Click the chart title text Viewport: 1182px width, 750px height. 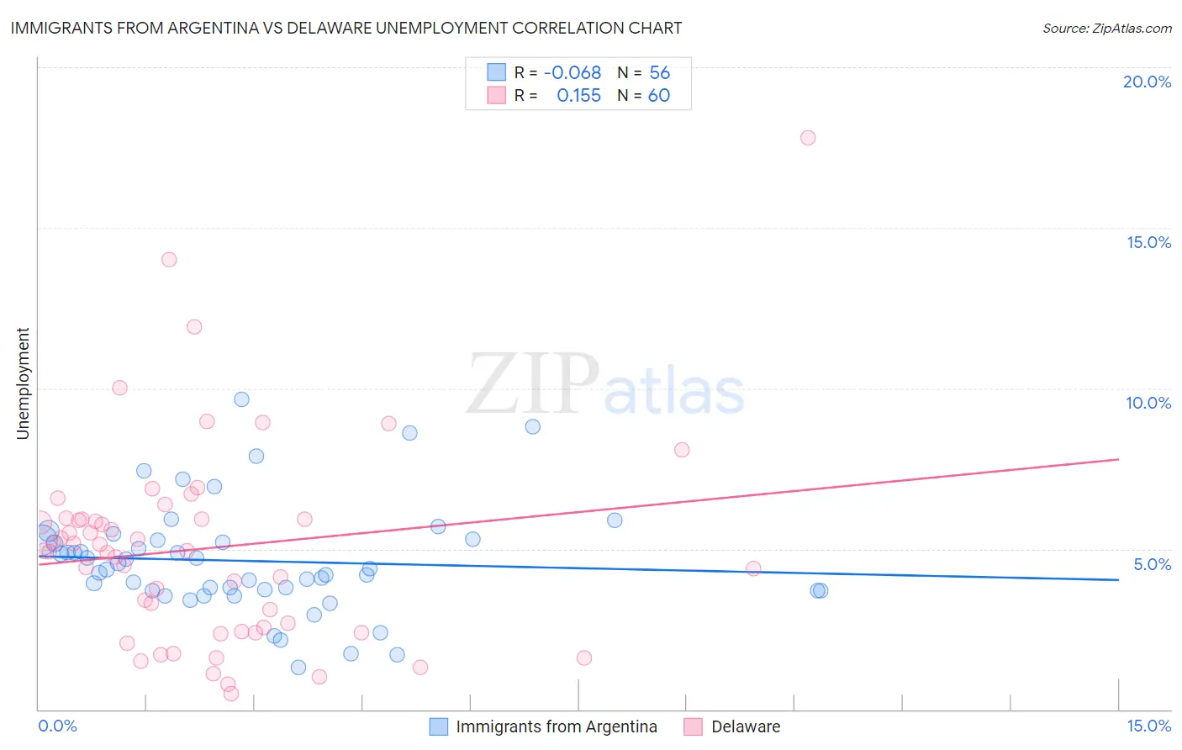(346, 28)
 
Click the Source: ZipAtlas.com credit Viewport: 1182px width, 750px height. (1106, 28)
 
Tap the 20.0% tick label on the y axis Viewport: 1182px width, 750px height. (1147, 82)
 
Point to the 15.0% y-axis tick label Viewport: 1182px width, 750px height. (1148, 242)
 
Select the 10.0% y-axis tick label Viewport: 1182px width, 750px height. (1148, 403)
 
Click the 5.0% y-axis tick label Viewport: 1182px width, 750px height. (1152, 564)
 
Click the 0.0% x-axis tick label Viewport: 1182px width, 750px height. (57, 726)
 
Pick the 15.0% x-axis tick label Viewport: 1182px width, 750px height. (1148, 726)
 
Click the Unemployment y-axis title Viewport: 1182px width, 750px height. (23, 383)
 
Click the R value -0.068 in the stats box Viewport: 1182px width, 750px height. (573, 73)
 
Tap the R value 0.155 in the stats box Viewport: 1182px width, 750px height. (578, 96)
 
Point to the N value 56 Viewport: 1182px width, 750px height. (659, 73)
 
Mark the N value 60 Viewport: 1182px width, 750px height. (659, 96)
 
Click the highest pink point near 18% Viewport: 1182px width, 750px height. (808, 138)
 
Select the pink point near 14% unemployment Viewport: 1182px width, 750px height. (169, 260)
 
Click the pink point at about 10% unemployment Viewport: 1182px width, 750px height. (119, 388)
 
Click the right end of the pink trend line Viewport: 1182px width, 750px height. (1118, 459)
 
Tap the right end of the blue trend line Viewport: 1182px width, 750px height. (1118, 579)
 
